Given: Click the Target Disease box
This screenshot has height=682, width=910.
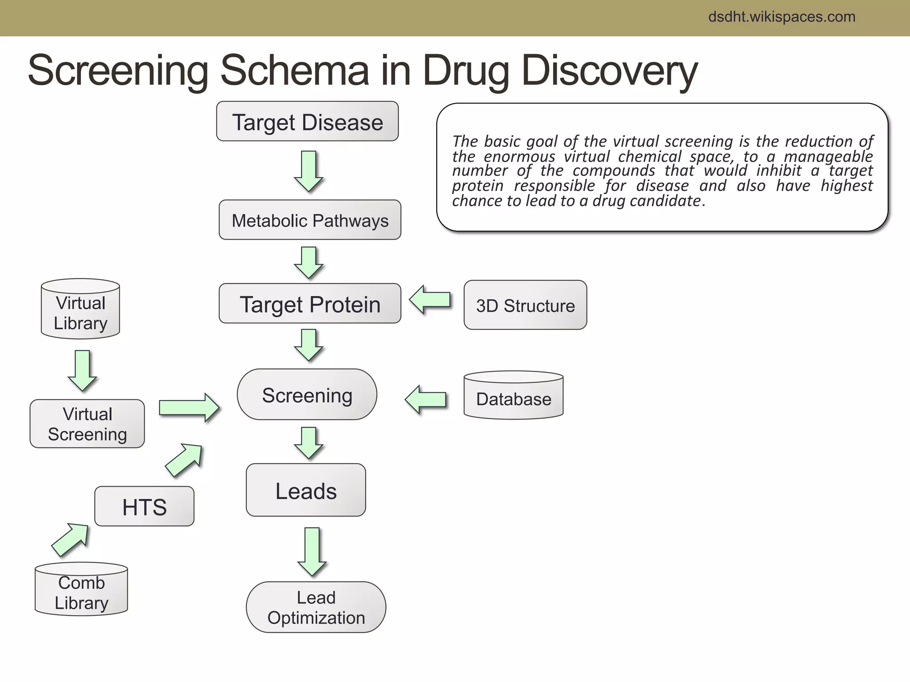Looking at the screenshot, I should [x=307, y=122].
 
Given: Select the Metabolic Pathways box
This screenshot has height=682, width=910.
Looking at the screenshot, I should [x=310, y=220].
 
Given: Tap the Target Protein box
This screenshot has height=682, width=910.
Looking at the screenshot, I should [x=310, y=304].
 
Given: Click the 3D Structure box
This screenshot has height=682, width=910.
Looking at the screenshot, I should [x=525, y=305].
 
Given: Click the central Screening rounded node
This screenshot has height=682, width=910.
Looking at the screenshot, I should [x=307, y=395].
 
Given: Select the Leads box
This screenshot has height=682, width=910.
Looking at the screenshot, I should [x=306, y=490].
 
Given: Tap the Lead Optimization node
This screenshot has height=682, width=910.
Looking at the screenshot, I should [x=316, y=607].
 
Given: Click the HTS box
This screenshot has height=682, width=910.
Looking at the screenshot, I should [x=144, y=507].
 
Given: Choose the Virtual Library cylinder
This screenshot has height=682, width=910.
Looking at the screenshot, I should [x=80, y=311].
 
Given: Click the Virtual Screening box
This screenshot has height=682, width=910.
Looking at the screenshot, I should [x=87, y=424].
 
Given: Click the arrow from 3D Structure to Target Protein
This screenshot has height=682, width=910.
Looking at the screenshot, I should [x=429, y=300].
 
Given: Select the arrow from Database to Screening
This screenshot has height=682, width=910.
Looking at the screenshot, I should [x=425, y=400].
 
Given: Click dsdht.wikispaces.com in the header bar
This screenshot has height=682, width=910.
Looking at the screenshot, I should [x=782, y=17].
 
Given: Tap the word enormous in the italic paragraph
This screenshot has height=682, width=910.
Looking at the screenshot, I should [x=519, y=156].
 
